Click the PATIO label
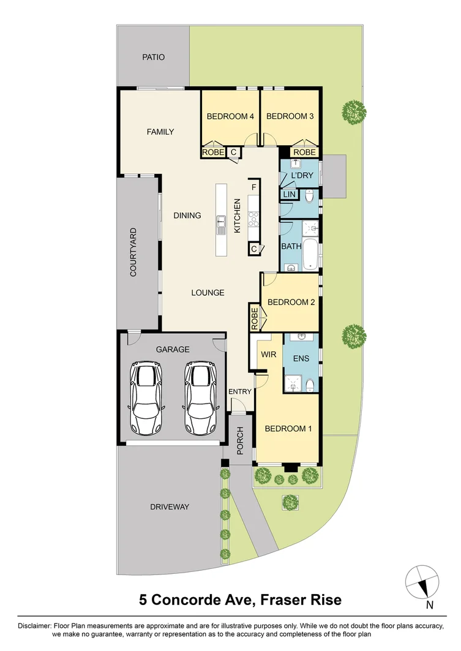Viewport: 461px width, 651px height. tap(154, 57)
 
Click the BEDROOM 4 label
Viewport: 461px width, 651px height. tap(230, 116)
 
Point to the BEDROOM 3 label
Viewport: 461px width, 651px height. tap(290, 116)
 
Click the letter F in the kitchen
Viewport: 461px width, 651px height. tap(253, 186)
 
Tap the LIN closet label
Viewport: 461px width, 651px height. tap(289, 195)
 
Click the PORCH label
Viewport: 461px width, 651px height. tap(240, 441)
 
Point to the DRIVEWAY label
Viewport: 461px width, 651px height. tap(170, 507)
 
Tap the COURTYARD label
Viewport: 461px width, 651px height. tap(133, 252)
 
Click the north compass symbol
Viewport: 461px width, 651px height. tap(422, 582)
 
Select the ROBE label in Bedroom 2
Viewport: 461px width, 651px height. tap(254, 318)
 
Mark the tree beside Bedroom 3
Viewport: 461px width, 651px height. tap(354, 112)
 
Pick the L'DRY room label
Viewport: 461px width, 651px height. tap(302, 175)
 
